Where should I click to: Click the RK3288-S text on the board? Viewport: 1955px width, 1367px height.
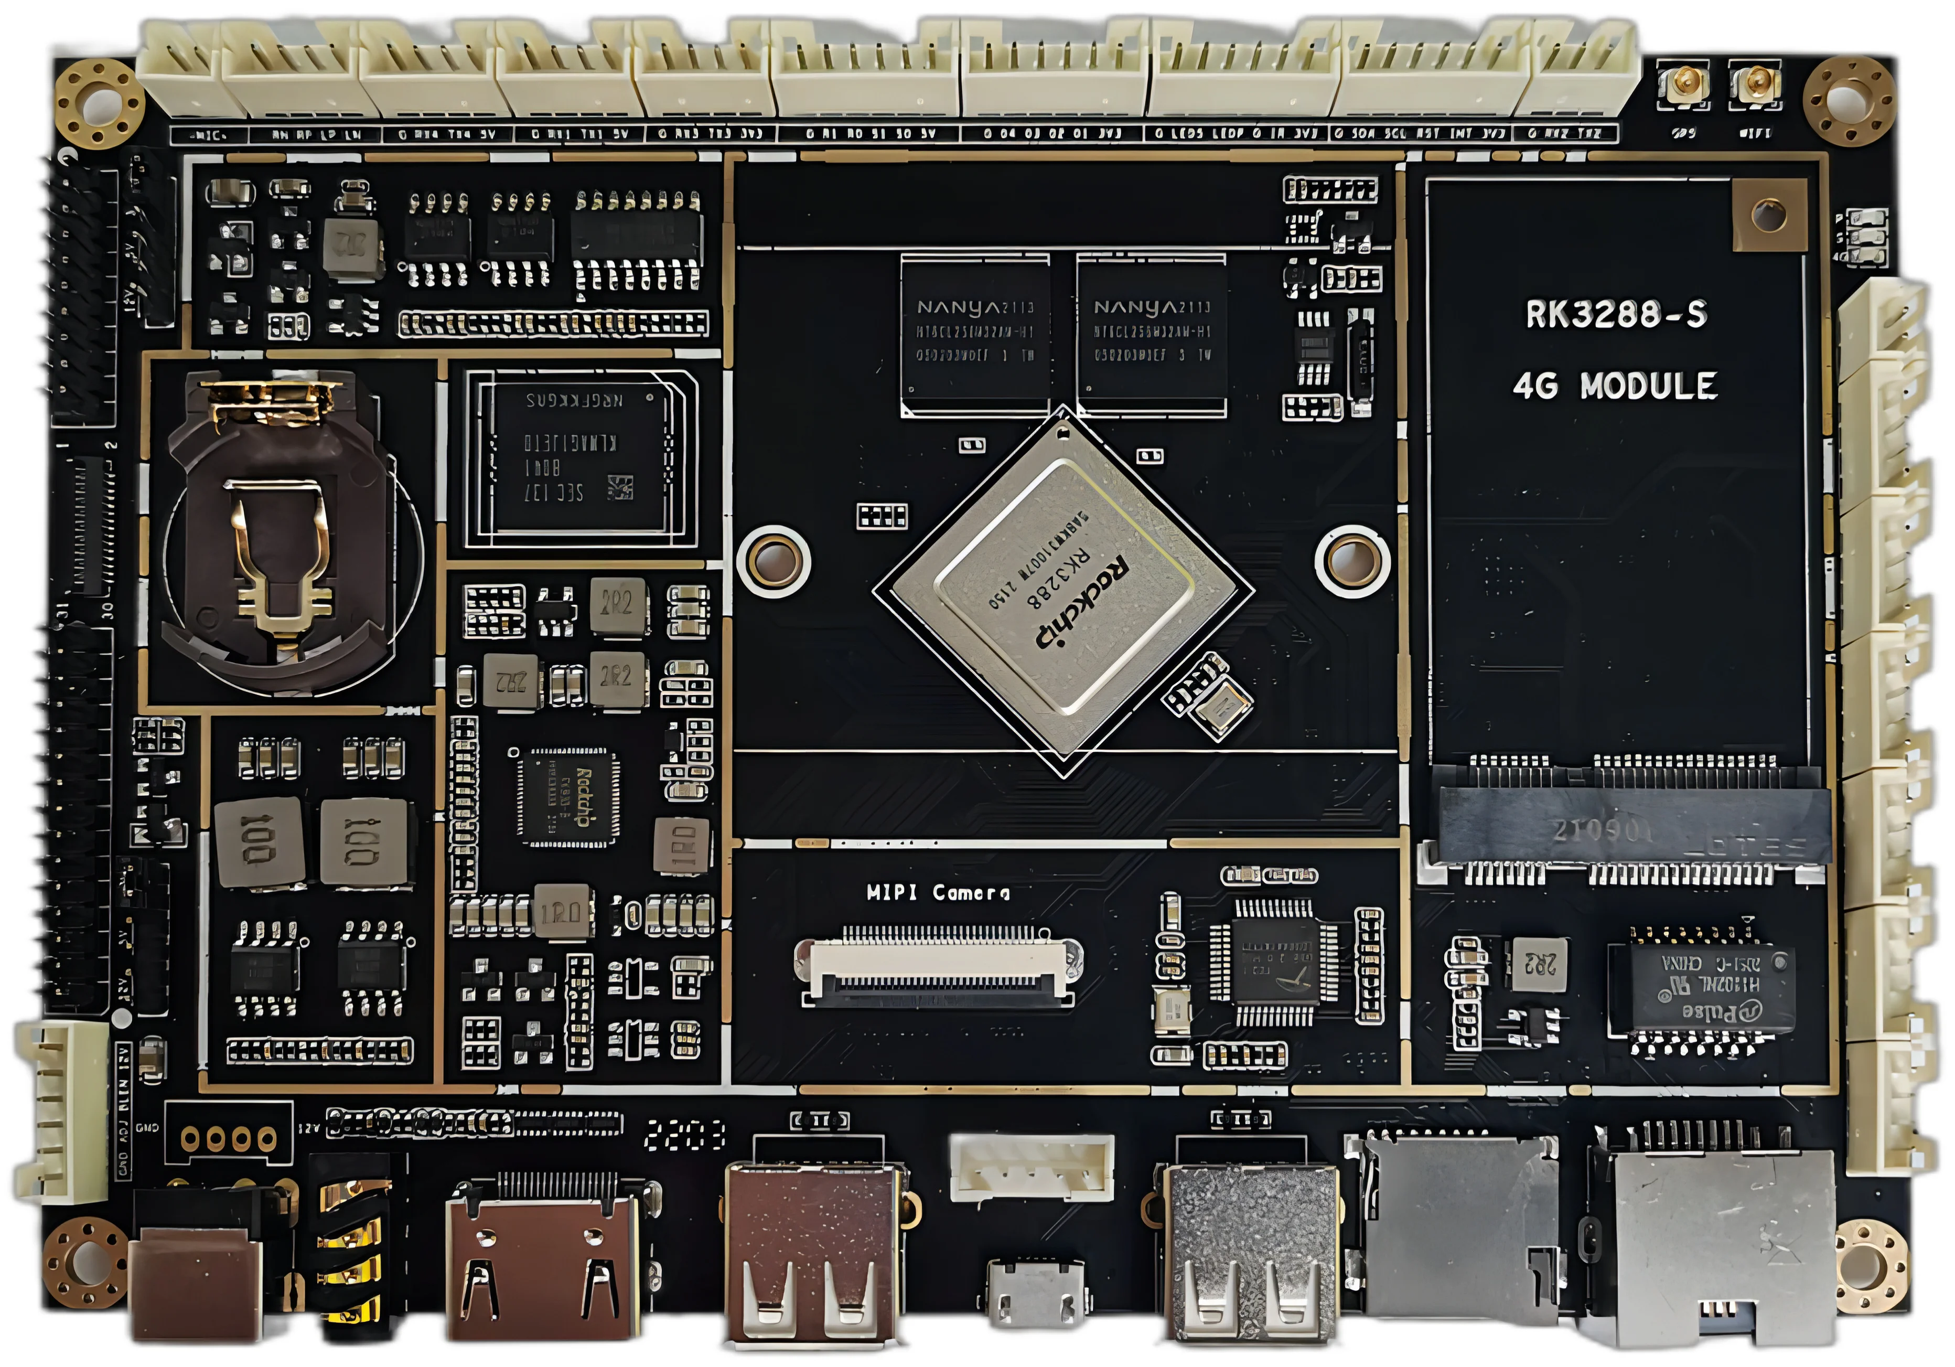coord(1615,314)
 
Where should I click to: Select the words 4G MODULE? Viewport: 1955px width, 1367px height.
coord(1615,386)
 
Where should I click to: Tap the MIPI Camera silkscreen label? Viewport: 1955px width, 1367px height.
coord(938,893)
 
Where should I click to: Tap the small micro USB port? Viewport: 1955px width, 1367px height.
coord(1035,1290)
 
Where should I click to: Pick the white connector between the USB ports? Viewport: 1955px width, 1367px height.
coord(1031,1166)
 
